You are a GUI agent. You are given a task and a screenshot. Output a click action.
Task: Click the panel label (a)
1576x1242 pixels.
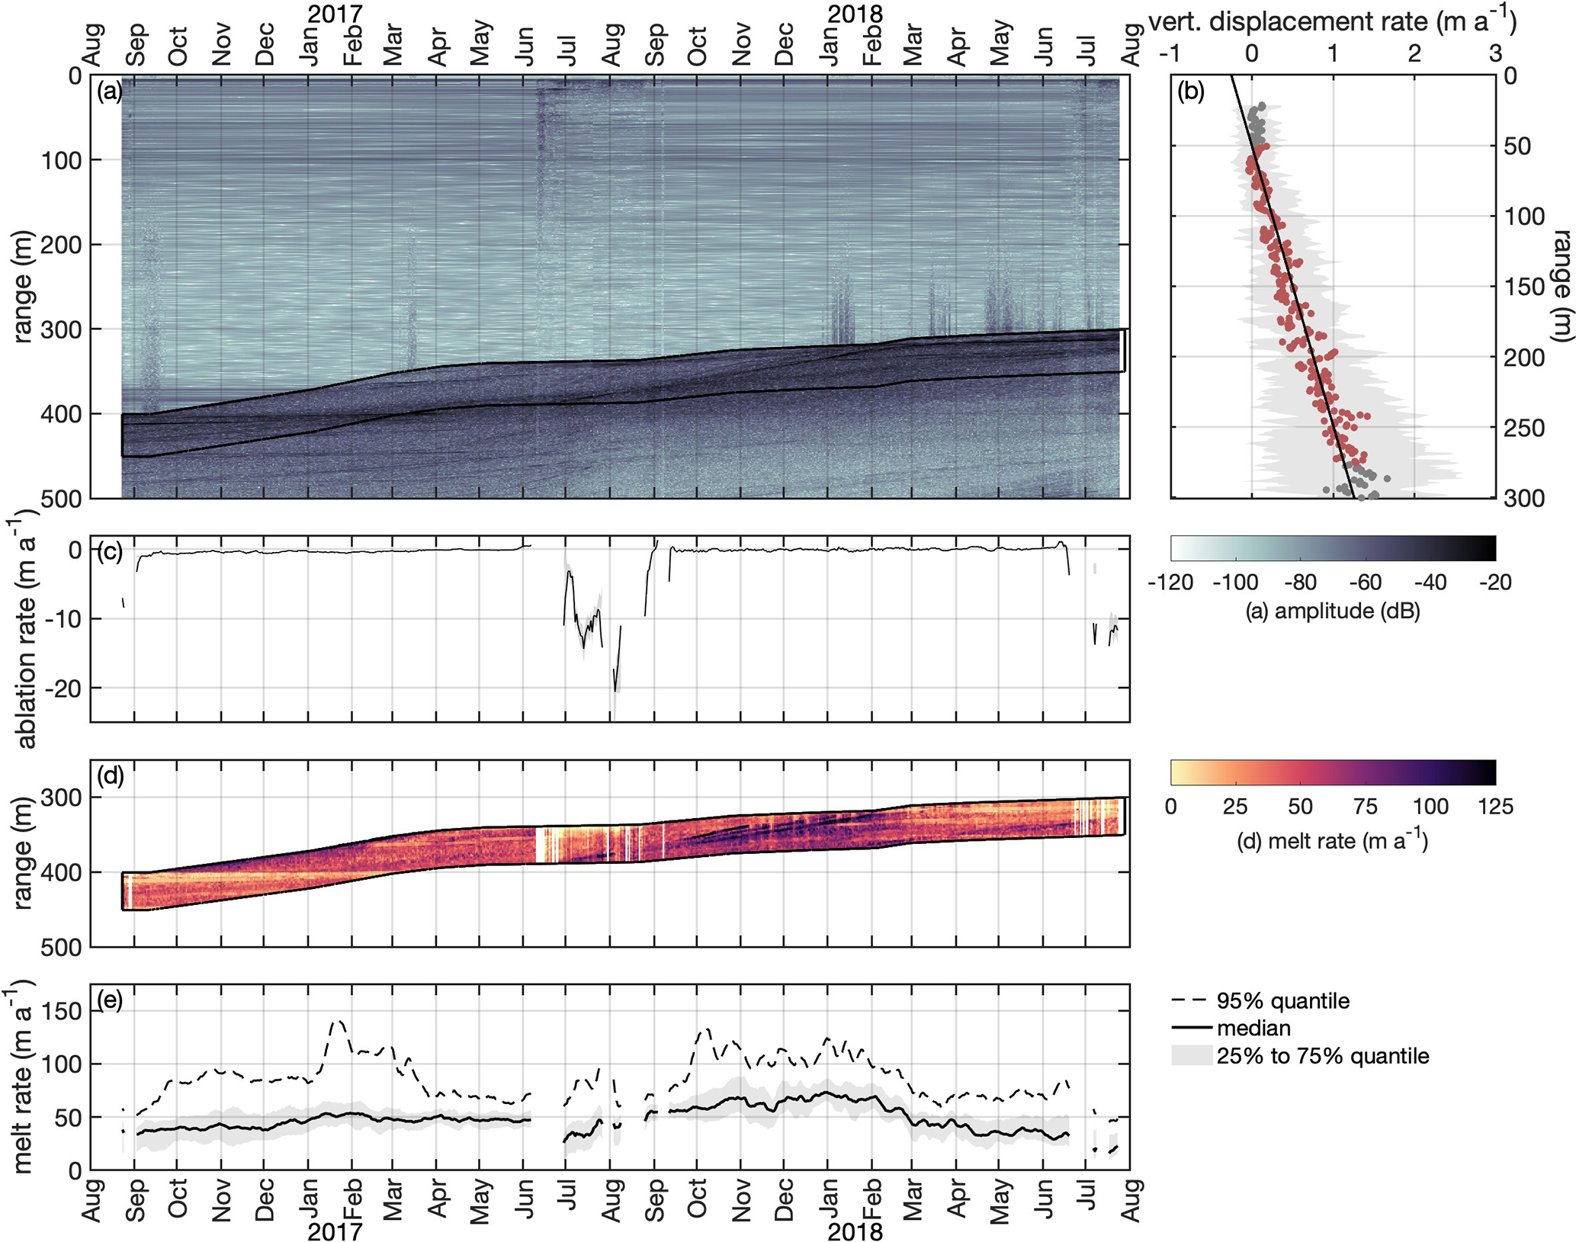click(x=110, y=92)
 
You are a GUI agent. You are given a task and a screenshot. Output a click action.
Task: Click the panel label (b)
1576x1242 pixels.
click(x=1191, y=92)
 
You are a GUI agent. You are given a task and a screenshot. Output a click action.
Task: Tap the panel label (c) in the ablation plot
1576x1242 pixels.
click(x=110, y=552)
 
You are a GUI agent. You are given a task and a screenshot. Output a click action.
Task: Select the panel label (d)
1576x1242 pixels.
click(x=110, y=776)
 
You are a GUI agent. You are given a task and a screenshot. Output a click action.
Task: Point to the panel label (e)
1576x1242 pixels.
click(x=110, y=1000)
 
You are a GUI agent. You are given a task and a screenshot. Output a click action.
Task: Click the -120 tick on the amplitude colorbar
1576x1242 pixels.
click(x=1170, y=582)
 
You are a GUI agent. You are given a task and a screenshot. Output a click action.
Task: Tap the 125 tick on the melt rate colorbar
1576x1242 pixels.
click(x=1495, y=807)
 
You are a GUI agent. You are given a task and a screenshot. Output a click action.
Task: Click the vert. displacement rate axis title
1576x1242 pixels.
click(x=1332, y=22)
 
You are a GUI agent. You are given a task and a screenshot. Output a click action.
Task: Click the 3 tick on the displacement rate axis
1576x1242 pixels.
click(x=1495, y=53)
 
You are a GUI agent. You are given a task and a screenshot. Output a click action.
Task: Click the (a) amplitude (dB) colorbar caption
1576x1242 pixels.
click(x=1333, y=611)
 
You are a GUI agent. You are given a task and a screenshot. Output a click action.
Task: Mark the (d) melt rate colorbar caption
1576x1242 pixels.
click(x=1331, y=840)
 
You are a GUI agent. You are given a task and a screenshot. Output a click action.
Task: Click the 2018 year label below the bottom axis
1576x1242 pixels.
click(x=855, y=1231)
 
